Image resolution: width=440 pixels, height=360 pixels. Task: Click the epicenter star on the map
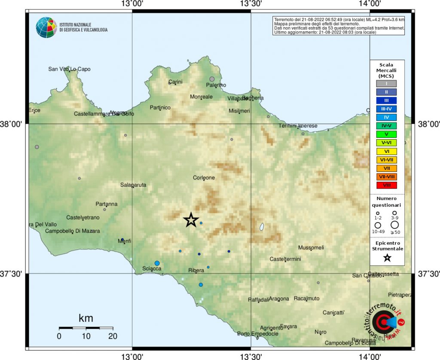tap(191, 220)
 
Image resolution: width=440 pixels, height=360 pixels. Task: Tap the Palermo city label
tap(217, 85)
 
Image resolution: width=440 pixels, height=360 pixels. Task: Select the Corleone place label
tap(204, 178)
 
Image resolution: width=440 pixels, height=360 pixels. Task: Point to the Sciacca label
tap(152, 269)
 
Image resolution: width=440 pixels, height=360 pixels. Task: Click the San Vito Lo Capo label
tap(69, 69)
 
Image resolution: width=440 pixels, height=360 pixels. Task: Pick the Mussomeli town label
tap(311, 248)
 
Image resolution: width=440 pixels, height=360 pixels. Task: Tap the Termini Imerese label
tap(298, 126)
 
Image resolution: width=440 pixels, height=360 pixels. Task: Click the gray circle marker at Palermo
tap(212, 79)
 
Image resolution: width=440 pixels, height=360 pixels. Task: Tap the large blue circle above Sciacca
tap(157, 263)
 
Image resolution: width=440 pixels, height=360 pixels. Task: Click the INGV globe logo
tap(46, 27)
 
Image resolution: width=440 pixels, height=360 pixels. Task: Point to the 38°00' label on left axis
tap(12, 124)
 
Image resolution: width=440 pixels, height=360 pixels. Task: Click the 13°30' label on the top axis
tap(251, 4)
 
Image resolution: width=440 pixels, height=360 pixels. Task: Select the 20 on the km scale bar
tap(113, 336)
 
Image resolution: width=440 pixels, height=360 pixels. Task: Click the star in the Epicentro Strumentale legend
tap(387, 258)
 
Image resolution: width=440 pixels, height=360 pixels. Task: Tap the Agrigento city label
tap(270, 328)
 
